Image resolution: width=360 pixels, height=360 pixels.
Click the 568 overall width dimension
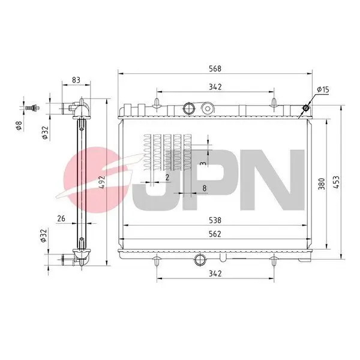click(x=216, y=68)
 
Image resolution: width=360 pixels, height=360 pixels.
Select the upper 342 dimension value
click(x=216, y=87)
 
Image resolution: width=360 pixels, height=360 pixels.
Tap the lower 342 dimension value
click(x=216, y=273)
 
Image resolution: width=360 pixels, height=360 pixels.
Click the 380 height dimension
click(x=322, y=184)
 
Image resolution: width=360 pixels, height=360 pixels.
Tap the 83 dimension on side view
click(x=76, y=79)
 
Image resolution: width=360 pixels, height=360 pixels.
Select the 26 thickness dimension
click(x=61, y=218)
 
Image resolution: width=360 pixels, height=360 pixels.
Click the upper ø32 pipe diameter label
click(x=46, y=132)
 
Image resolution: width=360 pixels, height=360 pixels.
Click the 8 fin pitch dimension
click(x=205, y=189)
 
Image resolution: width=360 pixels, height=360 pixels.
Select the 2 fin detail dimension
click(x=167, y=178)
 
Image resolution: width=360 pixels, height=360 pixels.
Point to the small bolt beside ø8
click(x=33, y=108)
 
